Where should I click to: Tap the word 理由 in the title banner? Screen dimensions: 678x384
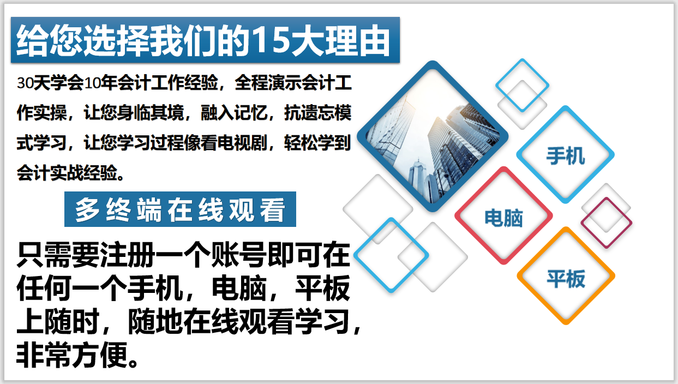[358, 40]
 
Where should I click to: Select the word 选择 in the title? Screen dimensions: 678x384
[116, 40]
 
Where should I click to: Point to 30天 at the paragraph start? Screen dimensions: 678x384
[33, 82]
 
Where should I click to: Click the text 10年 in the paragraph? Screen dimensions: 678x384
[100, 82]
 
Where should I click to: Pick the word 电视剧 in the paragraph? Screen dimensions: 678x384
[242, 143]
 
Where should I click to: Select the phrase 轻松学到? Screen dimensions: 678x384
[317, 143]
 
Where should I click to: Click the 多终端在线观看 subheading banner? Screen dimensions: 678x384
[180, 209]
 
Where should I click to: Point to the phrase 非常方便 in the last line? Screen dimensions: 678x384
[71, 355]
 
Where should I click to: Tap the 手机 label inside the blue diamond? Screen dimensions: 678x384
[566, 155]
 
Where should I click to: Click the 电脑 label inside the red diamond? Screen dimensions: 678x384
[503, 218]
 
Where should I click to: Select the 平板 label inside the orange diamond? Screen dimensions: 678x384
[566, 278]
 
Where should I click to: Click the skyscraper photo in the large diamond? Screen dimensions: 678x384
[433, 136]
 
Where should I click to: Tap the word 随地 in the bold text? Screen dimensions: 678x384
[155, 321]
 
